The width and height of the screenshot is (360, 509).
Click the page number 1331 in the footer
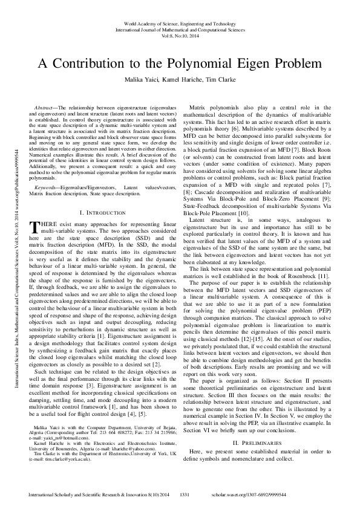[186, 494]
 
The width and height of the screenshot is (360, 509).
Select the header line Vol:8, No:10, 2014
[180, 35]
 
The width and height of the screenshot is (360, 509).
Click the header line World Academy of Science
[180, 22]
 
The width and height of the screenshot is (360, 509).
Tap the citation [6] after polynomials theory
[242, 129]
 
